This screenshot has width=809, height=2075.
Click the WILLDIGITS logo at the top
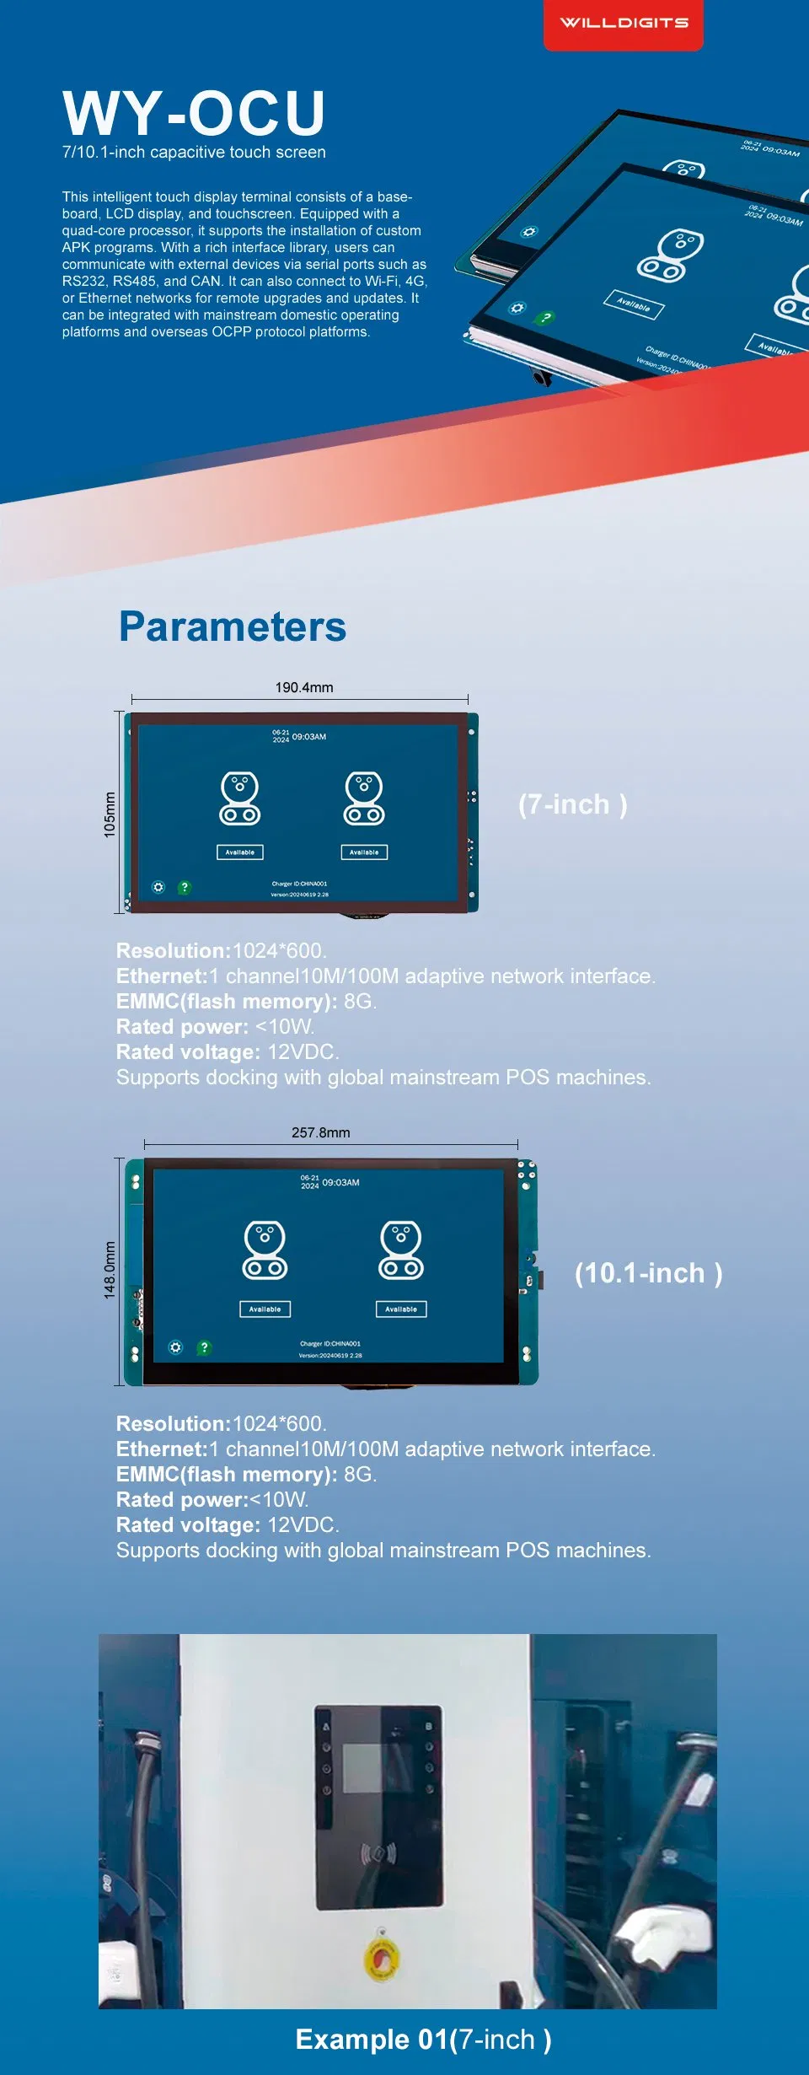coord(624,23)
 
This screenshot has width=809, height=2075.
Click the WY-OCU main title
coord(194,113)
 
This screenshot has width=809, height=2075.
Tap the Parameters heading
coord(233,626)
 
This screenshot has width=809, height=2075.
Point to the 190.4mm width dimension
coord(304,687)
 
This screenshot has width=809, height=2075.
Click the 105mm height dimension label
coord(110,814)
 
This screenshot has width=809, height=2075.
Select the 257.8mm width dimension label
coord(321,1132)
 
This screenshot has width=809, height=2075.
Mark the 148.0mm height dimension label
coord(110,1270)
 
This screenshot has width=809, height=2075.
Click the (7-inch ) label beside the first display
coord(573,804)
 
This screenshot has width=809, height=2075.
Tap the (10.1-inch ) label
coord(648,1273)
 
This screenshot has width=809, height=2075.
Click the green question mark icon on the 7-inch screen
coord(185,887)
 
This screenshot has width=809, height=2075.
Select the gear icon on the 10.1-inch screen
coord(175,1347)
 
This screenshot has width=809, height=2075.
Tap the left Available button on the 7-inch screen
coord(240,852)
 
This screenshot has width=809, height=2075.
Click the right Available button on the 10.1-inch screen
coord(401,1309)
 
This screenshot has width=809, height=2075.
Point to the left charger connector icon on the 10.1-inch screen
coord(265,1250)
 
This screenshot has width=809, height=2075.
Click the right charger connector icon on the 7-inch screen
coord(364,798)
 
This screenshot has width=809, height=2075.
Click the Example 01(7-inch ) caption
coord(424,2040)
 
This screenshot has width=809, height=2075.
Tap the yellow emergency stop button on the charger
coord(382,1959)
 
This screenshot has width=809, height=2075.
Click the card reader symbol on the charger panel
coord(379,1854)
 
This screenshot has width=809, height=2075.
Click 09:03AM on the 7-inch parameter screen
coord(308,737)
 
